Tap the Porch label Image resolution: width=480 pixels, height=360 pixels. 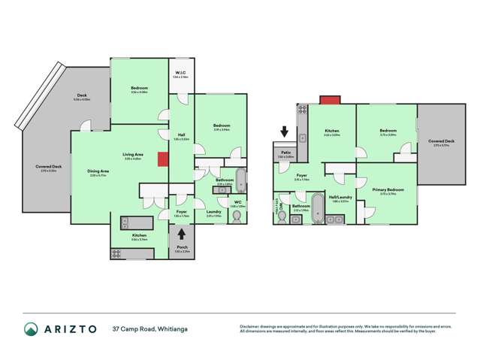(x=182, y=249)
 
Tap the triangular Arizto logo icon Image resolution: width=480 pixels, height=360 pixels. (x=30, y=329)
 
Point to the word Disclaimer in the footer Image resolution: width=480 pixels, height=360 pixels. (x=252, y=325)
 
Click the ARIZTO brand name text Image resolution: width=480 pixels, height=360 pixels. (x=67, y=329)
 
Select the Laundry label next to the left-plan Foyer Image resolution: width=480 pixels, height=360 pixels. (x=213, y=213)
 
